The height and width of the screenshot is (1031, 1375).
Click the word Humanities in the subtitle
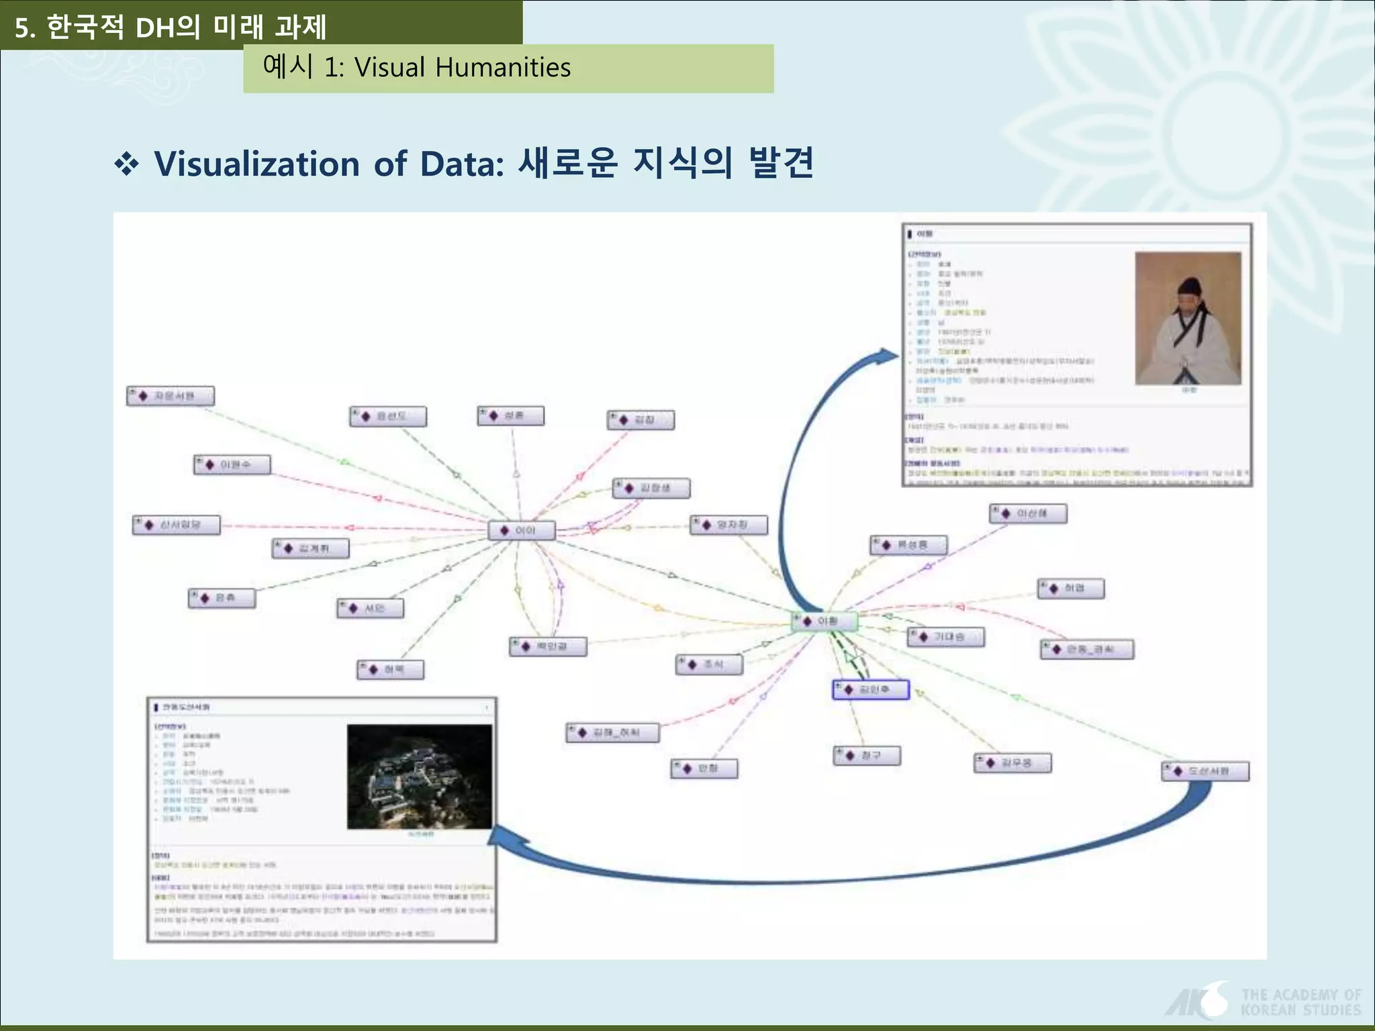tap(502, 68)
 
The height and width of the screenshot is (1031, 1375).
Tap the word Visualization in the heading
tap(257, 164)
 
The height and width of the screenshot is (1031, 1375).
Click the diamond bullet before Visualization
tap(126, 164)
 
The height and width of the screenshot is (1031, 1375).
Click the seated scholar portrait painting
tap(1188, 318)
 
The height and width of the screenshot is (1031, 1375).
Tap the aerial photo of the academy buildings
tap(420, 777)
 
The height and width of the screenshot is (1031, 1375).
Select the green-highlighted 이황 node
tap(824, 622)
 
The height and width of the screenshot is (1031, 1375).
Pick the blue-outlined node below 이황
tap(871, 689)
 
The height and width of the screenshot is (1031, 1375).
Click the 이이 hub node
tap(522, 530)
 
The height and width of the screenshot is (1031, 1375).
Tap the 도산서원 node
tap(1205, 771)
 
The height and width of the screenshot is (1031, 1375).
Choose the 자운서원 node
tap(171, 396)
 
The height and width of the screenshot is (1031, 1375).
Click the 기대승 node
tap(946, 636)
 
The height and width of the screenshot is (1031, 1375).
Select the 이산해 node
tap(1028, 513)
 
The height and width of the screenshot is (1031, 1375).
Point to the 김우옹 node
tap(1012, 763)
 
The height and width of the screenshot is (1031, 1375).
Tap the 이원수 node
tap(232, 464)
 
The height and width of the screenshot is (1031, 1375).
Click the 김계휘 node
tap(311, 548)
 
